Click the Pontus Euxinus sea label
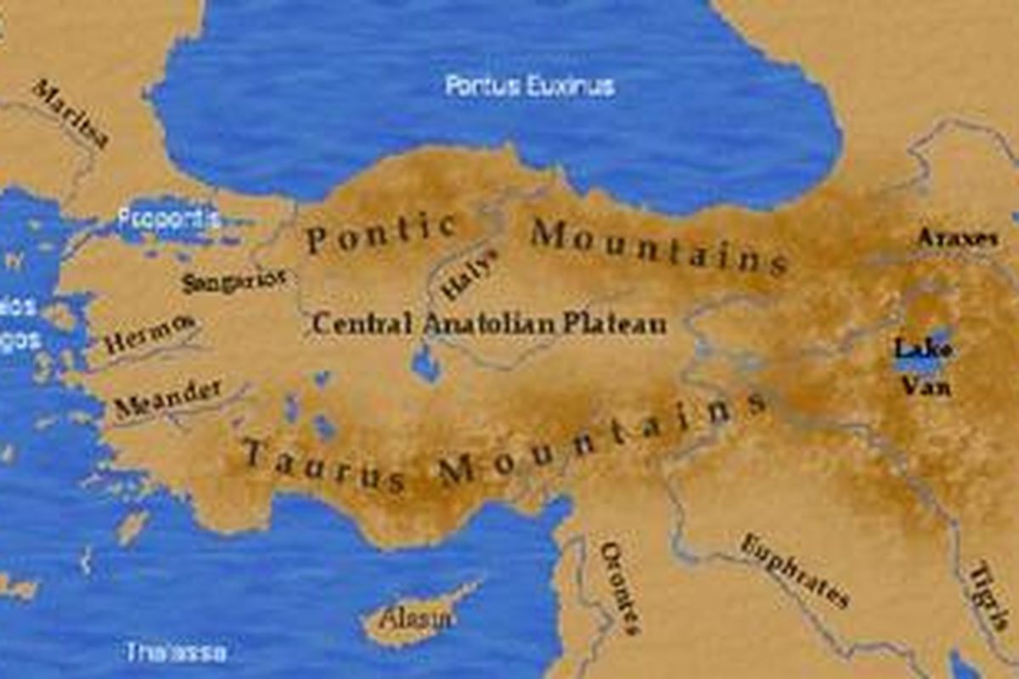click(x=530, y=86)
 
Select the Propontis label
click(x=169, y=219)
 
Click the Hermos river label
click(x=149, y=333)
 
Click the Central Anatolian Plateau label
click(x=489, y=324)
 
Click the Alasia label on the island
click(x=415, y=619)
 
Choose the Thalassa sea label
click(x=177, y=652)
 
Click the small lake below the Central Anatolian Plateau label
click(x=425, y=364)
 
